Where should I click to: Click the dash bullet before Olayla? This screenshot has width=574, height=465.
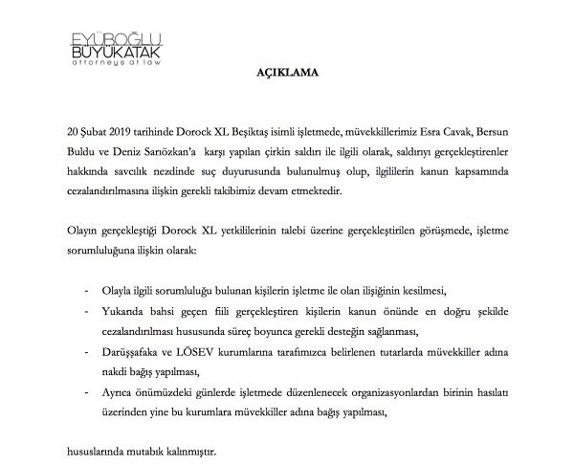(x=88, y=288)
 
